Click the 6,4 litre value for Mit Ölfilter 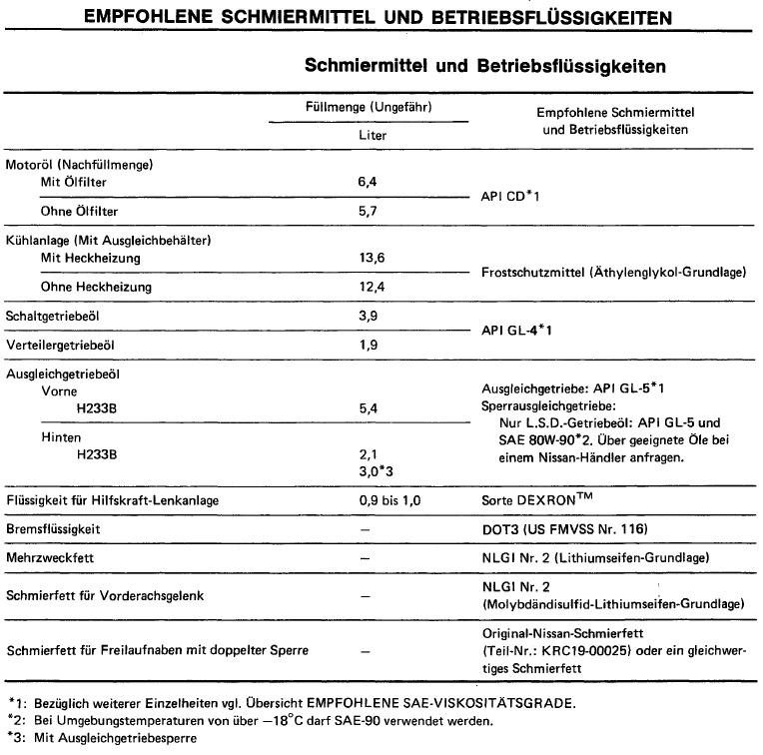click(x=371, y=182)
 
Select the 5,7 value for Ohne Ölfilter click(x=371, y=212)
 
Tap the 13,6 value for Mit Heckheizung click(x=374, y=258)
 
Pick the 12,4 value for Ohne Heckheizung click(x=374, y=288)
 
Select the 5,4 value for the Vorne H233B click(x=371, y=408)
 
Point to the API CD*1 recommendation click(x=510, y=197)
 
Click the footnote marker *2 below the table click(x=13, y=719)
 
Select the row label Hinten click(x=61, y=437)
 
